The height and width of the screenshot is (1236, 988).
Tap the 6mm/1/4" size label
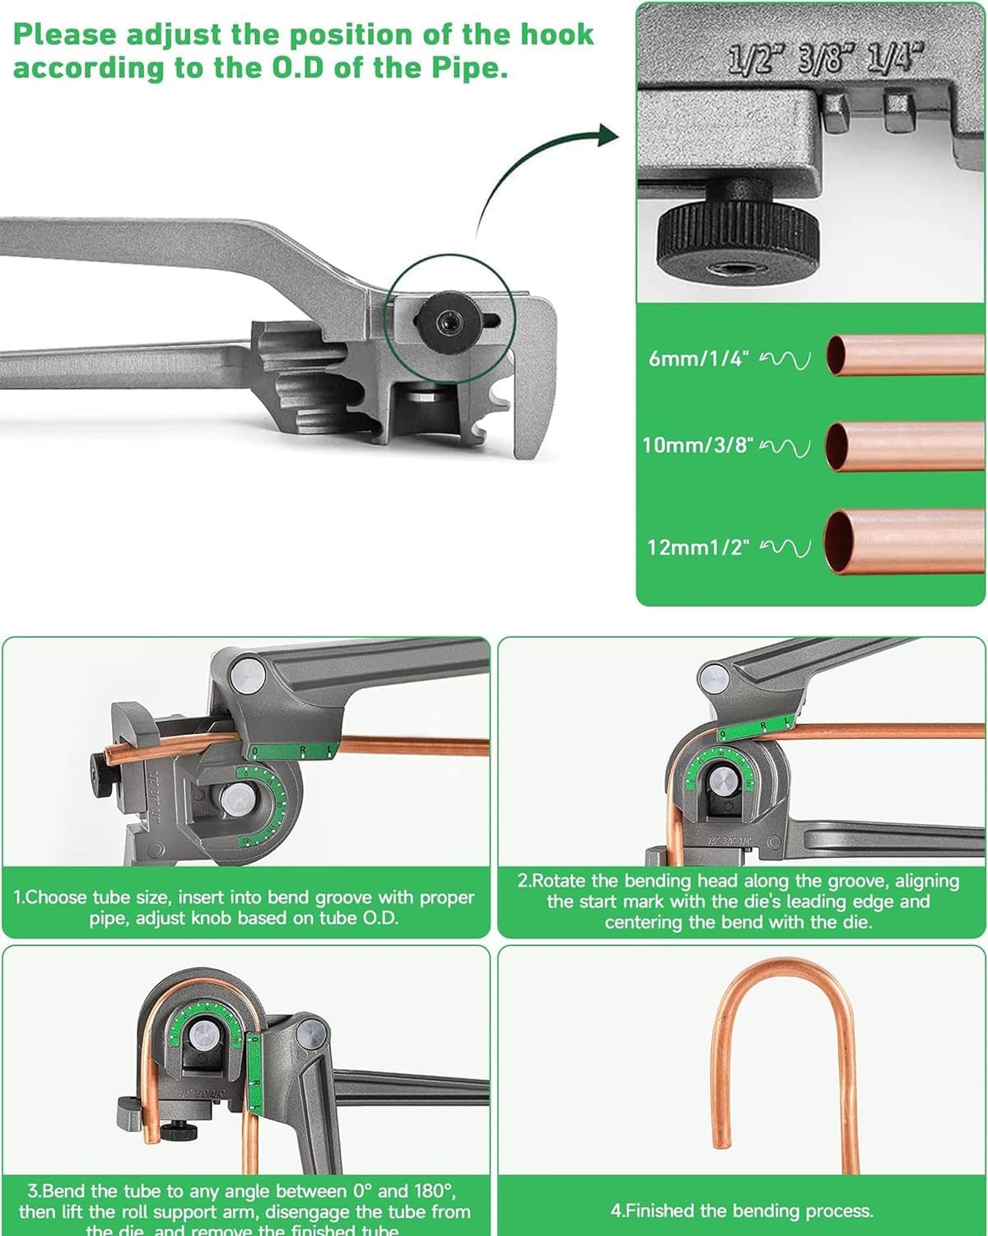[698, 358]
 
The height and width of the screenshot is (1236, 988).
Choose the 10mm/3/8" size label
[698, 445]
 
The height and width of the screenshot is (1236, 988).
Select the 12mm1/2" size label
[698, 547]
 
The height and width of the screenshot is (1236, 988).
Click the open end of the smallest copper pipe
[837, 356]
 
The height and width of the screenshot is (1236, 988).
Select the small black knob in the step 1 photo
[99, 775]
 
